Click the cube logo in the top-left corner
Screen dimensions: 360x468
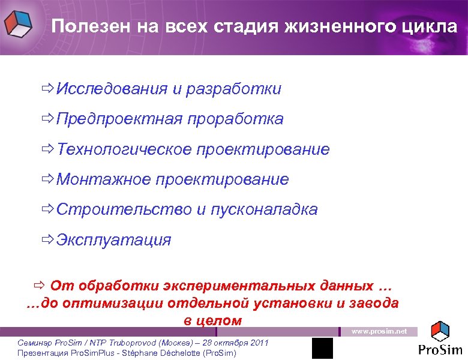19,25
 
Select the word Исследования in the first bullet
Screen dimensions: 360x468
112,89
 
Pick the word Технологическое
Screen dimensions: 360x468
124,149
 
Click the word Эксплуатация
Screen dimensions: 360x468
113,240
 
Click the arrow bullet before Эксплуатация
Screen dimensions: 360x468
47,240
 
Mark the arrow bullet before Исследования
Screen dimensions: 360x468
47,89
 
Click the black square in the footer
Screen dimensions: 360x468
322,348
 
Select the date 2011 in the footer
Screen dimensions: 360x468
259,342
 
